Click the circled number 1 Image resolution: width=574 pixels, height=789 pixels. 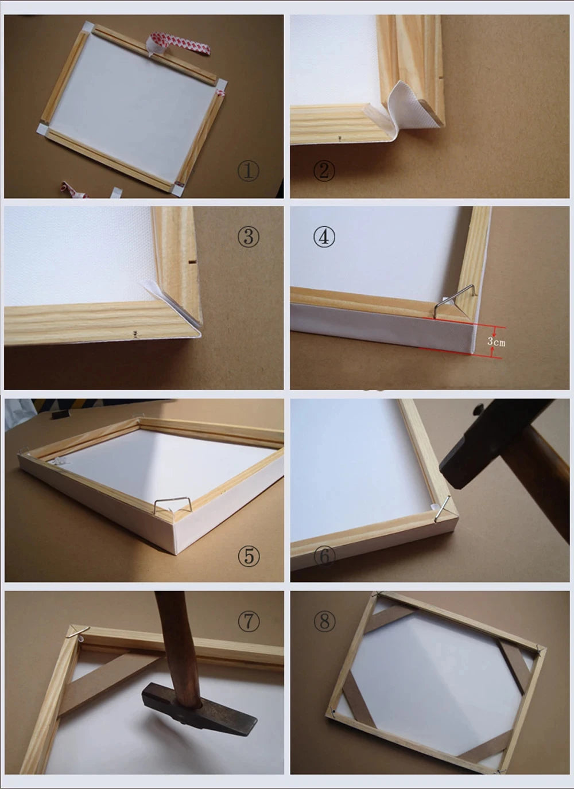point(249,170)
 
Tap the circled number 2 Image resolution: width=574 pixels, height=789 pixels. point(324,170)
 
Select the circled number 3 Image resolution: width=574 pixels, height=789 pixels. point(249,236)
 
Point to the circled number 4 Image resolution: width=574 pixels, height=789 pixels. point(324,236)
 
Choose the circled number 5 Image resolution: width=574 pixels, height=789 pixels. point(249,555)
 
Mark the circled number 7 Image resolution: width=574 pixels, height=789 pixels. point(249,621)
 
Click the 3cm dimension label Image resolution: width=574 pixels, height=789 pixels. point(497,342)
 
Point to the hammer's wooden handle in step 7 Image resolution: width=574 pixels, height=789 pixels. point(178,637)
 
